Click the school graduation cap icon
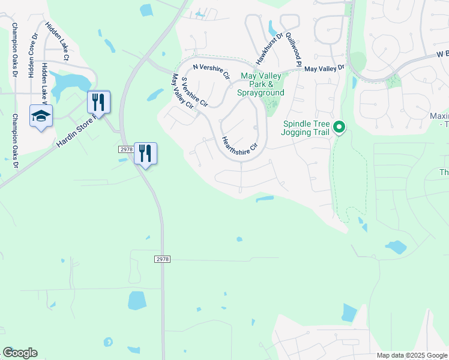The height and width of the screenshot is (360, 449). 41,116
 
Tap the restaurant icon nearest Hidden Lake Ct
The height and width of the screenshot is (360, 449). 98,102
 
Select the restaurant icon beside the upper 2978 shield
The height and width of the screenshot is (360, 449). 145,154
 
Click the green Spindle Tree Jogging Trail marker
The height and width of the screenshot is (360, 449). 339,127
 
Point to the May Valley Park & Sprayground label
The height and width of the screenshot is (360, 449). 262,85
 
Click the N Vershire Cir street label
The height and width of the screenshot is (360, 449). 211,71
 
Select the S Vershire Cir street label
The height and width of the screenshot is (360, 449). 194,91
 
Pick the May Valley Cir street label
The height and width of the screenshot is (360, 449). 183,91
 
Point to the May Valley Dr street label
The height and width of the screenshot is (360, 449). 325,69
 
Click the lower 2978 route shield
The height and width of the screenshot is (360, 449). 162,259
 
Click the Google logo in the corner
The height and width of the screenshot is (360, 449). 20,353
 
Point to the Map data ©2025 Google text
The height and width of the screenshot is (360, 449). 411,355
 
